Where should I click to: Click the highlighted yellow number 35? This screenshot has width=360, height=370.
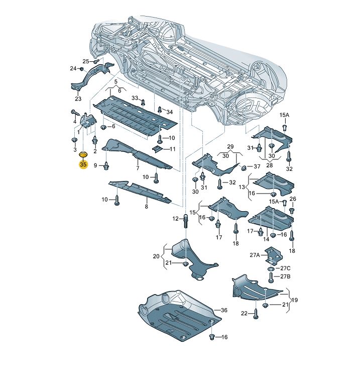pos(83,164)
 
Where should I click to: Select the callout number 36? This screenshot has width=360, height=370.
pos(224,311)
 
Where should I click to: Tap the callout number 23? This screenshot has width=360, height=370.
pos(78,99)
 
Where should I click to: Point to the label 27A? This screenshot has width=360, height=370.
pos(255,255)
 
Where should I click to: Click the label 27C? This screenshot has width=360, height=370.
pos(285,267)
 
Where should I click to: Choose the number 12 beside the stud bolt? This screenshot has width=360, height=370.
pos(176,219)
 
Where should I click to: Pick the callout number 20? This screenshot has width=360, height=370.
pos(157,256)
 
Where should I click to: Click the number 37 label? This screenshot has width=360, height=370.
pos(257,166)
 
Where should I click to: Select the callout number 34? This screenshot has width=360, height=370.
pos(169,112)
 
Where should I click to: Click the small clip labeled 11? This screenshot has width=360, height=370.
pos(158,148)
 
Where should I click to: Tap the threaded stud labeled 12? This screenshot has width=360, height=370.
pos(186,221)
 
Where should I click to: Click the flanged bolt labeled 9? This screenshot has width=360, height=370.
pos(107,165)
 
